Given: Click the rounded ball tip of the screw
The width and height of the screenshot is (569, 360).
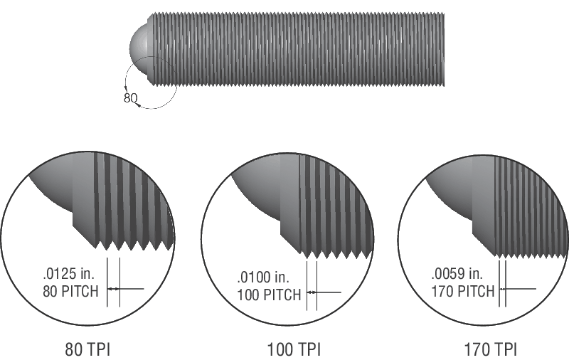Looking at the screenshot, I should click(x=139, y=47).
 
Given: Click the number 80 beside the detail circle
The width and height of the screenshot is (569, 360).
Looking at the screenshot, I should click(x=130, y=98).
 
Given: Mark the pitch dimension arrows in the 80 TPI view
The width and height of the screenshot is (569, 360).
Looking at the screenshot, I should click(x=114, y=289).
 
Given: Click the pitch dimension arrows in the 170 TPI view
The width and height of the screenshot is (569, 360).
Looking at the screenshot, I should click(x=503, y=289).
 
